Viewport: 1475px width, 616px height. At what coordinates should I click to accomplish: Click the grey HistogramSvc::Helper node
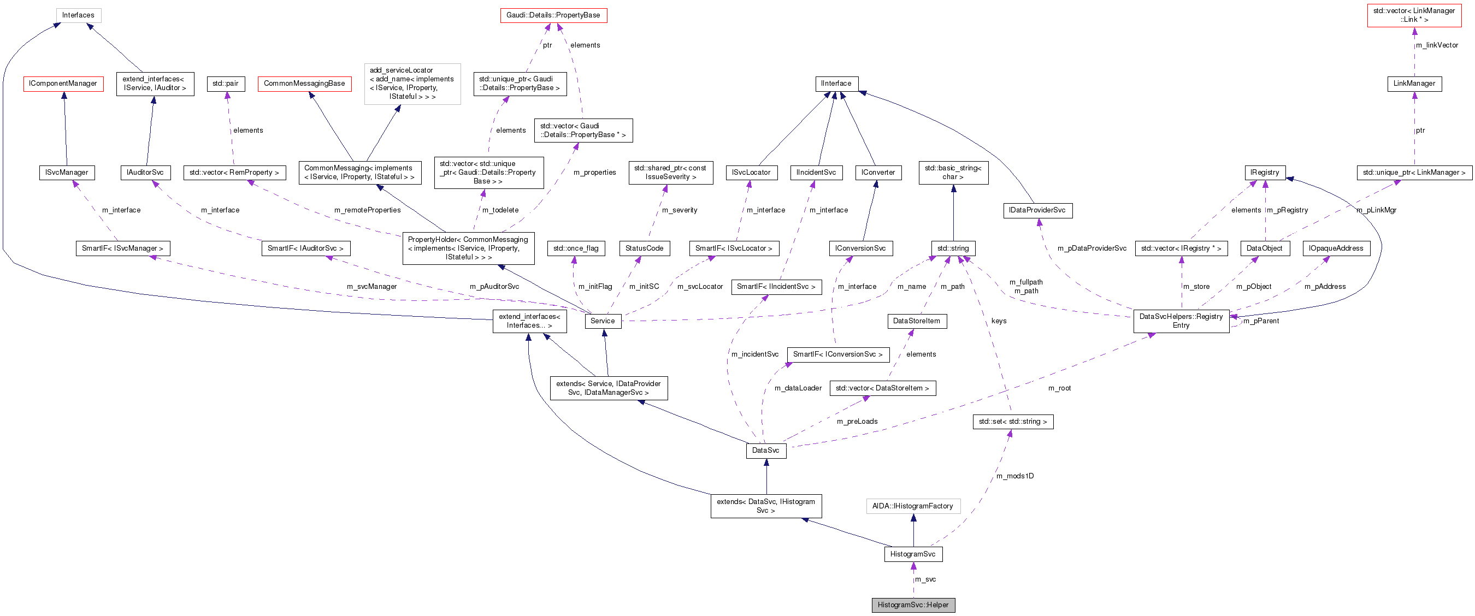pos(913,605)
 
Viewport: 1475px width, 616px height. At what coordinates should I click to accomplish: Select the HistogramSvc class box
pos(913,554)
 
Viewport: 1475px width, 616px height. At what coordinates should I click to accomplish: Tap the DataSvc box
pos(765,450)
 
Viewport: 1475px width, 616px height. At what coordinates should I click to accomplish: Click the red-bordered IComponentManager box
pos(63,84)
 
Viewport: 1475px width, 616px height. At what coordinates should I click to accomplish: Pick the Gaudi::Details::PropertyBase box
pos(553,15)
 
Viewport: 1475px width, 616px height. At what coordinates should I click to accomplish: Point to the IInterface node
pos(836,84)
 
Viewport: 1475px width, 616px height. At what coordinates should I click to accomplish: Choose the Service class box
pos(603,321)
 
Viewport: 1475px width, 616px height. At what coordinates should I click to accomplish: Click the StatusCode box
pos(644,248)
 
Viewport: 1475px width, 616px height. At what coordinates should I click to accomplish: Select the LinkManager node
pos(1414,84)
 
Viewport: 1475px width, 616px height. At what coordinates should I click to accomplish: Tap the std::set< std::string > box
pos(1012,422)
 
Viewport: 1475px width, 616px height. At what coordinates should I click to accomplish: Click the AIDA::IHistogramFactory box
pos(912,506)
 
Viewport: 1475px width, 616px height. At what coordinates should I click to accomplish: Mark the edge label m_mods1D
pos(1014,476)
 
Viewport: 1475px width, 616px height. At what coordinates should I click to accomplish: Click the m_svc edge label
pos(925,579)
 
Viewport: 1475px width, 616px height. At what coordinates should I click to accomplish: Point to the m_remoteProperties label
pos(367,210)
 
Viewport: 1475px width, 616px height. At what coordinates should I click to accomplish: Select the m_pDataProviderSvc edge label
pos(1091,248)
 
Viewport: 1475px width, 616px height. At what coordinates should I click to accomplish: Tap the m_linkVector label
pos(1437,45)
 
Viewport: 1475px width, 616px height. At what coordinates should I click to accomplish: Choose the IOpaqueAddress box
pos(1336,248)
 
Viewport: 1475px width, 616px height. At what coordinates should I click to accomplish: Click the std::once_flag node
pos(575,248)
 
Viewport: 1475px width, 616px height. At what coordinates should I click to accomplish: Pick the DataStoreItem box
pos(916,321)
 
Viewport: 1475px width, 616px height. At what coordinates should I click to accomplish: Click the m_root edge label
pos(1059,388)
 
